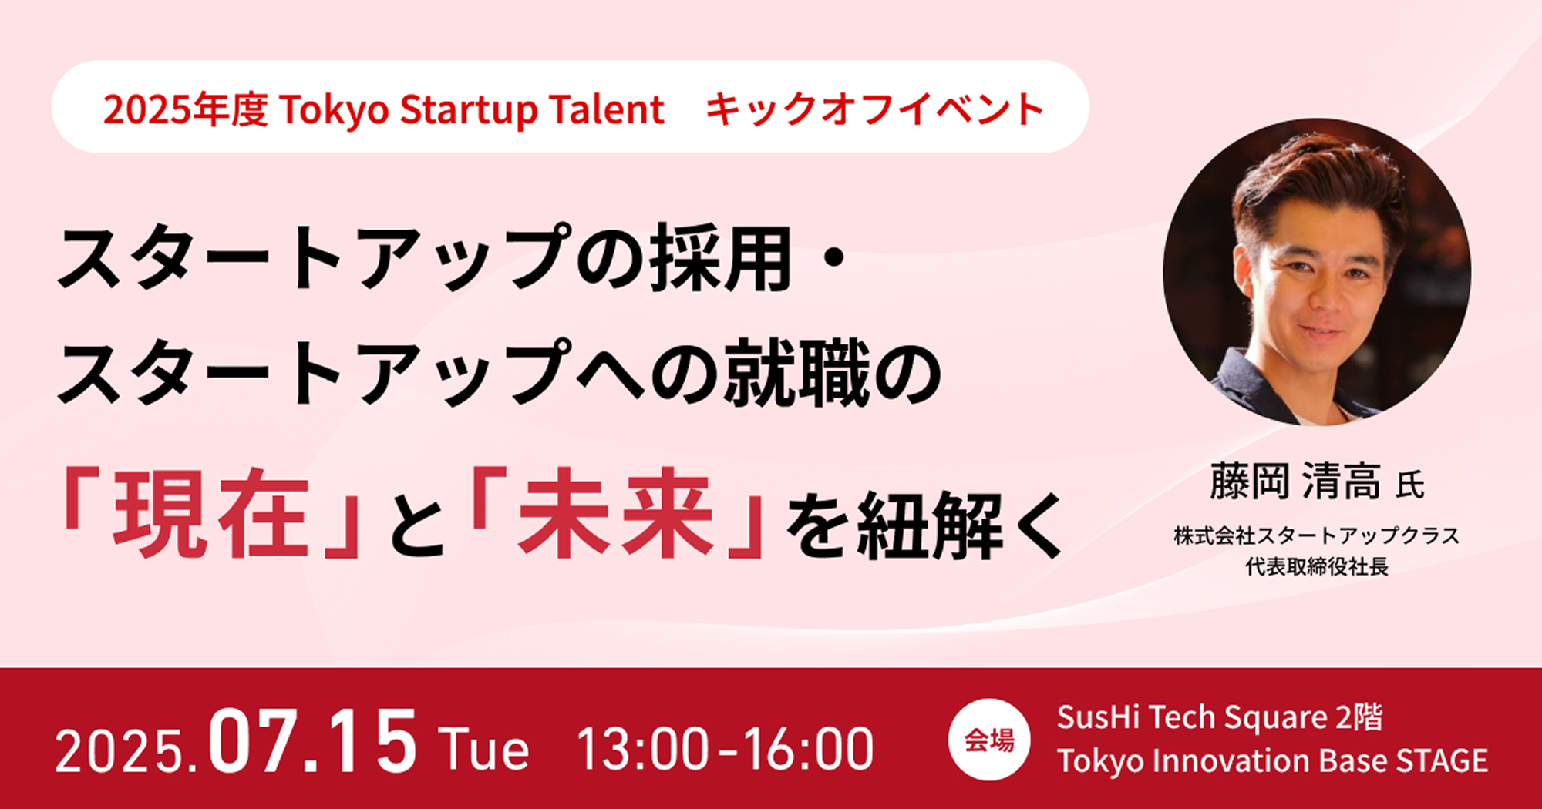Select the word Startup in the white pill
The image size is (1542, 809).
pyautogui.click(x=466, y=110)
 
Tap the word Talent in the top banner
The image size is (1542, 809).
pyautogui.click(x=607, y=109)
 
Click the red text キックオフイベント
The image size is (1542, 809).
pyautogui.click(x=874, y=109)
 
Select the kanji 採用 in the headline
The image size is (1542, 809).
pyautogui.click(x=721, y=259)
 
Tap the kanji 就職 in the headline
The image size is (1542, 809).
pyautogui.click(x=796, y=374)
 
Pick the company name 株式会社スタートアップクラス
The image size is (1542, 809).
pyautogui.click(x=1317, y=535)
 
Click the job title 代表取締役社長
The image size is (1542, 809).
pyautogui.click(x=1317, y=567)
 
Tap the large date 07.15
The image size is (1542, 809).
pyautogui.click(x=313, y=741)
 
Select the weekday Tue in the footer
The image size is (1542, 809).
pyautogui.click(x=483, y=749)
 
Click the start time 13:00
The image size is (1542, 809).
pyautogui.click(x=642, y=749)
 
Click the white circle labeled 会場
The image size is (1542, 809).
pyautogui.click(x=989, y=740)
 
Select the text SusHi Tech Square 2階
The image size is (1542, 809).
pyautogui.click(x=1220, y=718)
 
